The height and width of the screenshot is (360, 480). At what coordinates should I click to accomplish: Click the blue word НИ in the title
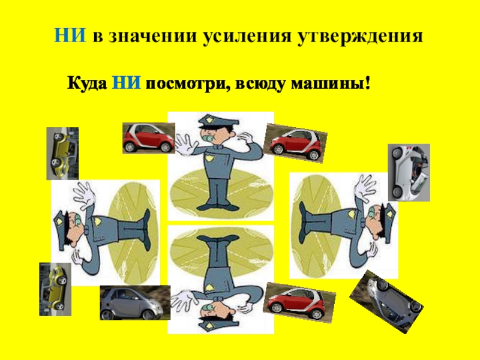click(70, 35)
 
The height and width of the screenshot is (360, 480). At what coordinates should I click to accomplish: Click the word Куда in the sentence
click(87, 83)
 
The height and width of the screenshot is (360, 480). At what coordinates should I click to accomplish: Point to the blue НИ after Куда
click(126, 82)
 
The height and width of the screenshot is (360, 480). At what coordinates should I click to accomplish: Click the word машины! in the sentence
click(331, 83)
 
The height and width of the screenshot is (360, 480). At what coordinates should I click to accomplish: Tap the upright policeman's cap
click(217, 122)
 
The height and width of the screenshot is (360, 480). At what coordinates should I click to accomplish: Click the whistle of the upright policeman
click(209, 139)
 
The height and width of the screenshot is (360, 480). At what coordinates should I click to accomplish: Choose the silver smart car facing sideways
click(135, 303)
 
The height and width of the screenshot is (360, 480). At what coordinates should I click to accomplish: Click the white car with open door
click(409, 173)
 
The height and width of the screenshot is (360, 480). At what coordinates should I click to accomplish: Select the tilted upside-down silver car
click(386, 302)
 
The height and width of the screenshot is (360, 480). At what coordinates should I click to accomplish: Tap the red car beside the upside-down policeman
click(299, 302)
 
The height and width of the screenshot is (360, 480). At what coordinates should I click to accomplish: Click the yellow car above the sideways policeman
click(62, 154)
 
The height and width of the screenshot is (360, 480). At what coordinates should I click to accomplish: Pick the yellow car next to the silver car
click(55, 289)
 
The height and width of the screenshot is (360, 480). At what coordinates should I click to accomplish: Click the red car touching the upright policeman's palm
click(149, 138)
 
